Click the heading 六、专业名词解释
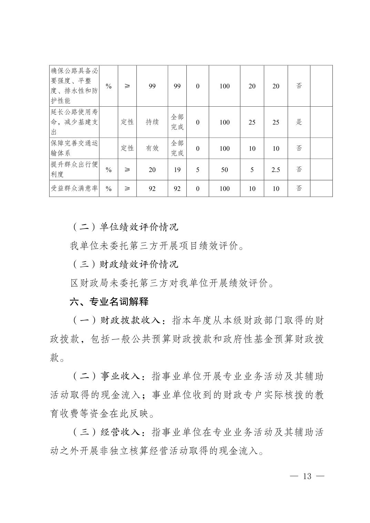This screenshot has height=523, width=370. click(109, 302)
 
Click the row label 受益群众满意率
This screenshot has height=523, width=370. click(74, 188)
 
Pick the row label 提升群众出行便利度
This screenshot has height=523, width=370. click(74, 169)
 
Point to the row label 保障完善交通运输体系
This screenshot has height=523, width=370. click(74, 148)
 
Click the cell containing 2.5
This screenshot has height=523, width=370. click(276, 170)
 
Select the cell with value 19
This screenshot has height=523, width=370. click(177, 170)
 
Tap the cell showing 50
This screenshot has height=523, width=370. click(224, 170)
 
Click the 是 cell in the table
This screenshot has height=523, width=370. click(299, 122)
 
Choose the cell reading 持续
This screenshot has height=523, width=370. click(152, 122)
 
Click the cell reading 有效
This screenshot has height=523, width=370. click(152, 148)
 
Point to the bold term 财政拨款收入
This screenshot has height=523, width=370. click(130, 321)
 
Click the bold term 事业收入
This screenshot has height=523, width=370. click(120, 376)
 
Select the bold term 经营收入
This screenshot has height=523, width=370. click(120, 432)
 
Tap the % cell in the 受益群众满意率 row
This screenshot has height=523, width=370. click(109, 189)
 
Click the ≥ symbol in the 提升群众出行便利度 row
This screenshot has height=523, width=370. click(127, 170)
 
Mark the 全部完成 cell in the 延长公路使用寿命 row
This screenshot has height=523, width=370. click(177, 122)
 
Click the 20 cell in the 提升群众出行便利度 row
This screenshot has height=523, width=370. click(152, 170)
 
